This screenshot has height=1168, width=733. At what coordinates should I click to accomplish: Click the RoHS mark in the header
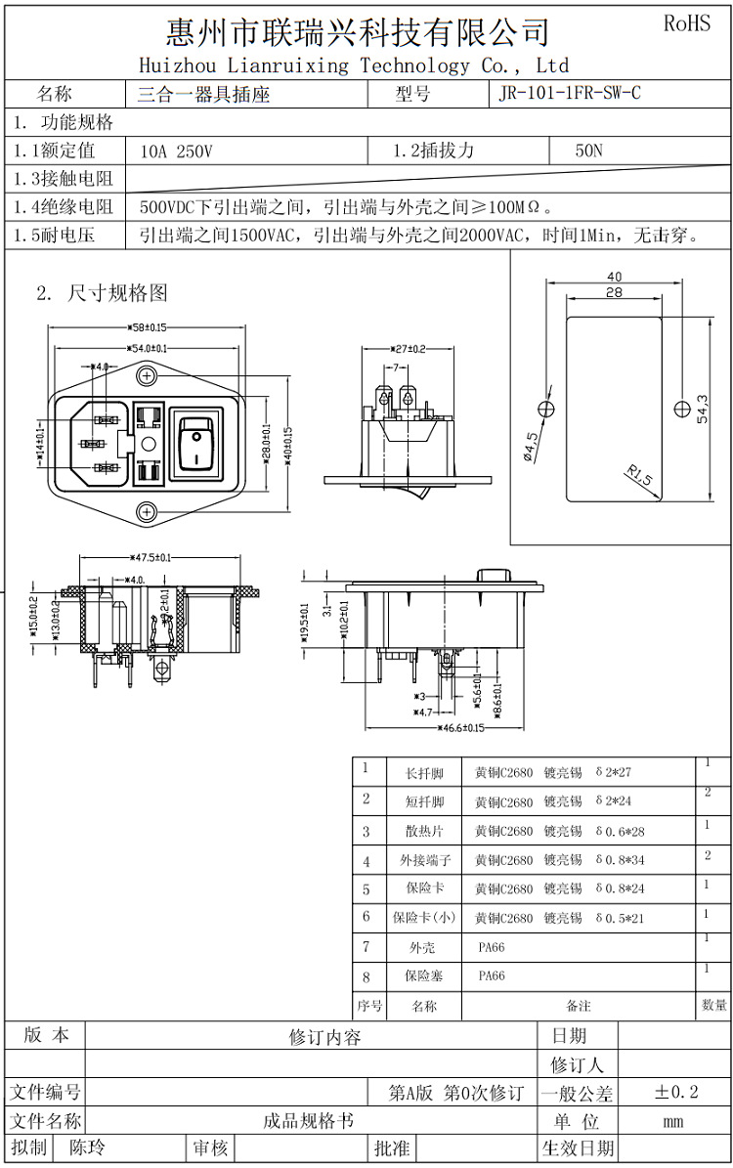pyautogui.click(x=687, y=23)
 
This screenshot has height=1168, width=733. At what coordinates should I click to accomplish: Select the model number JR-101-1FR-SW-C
pyautogui.click(x=570, y=95)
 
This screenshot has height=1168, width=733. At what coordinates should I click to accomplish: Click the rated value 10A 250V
pyautogui.click(x=176, y=151)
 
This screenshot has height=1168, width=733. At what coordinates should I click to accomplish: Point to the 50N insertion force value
pyautogui.click(x=589, y=151)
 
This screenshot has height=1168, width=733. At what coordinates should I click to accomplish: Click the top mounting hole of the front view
pyautogui.click(x=147, y=375)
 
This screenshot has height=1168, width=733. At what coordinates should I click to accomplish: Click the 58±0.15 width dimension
pyautogui.click(x=147, y=327)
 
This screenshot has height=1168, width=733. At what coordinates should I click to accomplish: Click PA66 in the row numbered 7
pyautogui.click(x=492, y=947)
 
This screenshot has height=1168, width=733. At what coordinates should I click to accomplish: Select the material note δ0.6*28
pyautogui.click(x=620, y=831)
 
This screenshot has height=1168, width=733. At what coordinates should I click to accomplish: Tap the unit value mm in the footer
pyautogui.click(x=673, y=1121)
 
